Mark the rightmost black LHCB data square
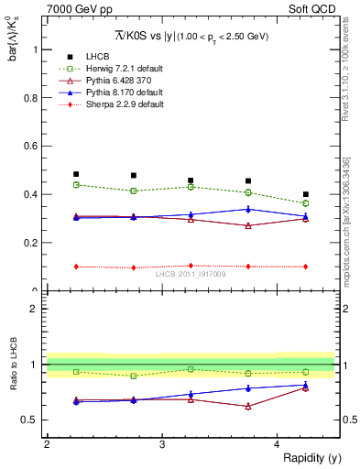pyautogui.click(x=306, y=194)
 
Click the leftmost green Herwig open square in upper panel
pyautogui.click(x=76, y=185)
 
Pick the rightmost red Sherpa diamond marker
pyautogui.click(x=306, y=267)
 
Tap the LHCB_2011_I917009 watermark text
pyautogui.click(x=191, y=273)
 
